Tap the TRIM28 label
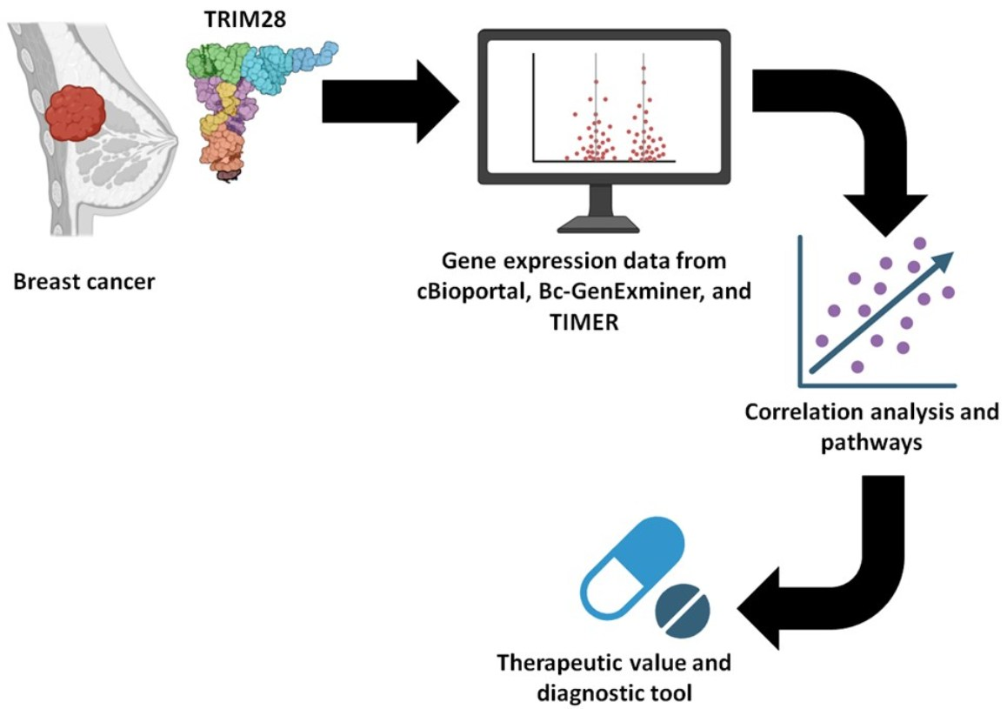click(244, 19)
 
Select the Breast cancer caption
click(84, 282)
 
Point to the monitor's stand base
click(598, 224)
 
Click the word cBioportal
click(468, 292)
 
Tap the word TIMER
click(584, 322)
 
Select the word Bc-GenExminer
click(617, 291)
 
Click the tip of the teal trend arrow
click(955, 252)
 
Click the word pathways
click(870, 443)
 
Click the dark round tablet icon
click(683, 611)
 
